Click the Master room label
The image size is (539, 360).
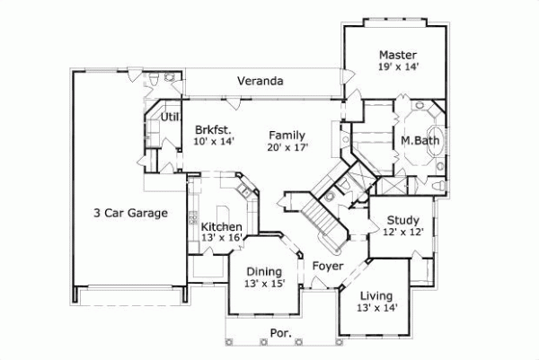click(396, 53)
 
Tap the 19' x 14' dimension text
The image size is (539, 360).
click(396, 66)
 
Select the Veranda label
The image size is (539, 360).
click(261, 82)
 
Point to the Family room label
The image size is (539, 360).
click(287, 135)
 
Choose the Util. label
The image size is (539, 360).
click(169, 117)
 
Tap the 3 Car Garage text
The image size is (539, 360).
click(131, 213)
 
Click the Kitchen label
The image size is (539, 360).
click(220, 226)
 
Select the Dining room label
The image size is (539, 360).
click(264, 271)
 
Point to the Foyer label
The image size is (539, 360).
click(328, 266)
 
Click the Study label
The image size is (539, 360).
click(403, 219)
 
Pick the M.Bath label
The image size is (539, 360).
click(419, 141)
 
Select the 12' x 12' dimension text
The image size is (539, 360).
click(403, 232)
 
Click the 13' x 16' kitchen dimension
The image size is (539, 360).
click(220, 238)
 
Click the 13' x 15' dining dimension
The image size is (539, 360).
click(264, 284)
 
